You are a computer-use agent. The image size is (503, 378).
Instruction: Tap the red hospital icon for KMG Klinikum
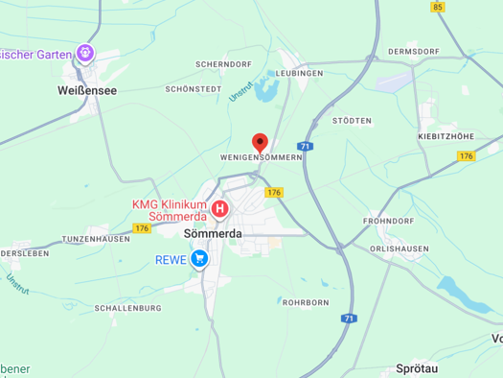pos(220,207)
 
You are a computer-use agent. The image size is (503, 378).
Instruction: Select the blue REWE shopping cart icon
pos(199,258)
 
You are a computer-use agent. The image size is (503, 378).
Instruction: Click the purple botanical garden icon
pos(86,53)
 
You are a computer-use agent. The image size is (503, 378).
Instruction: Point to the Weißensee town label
pos(87,89)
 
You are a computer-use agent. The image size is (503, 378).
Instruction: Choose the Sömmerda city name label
pos(212,233)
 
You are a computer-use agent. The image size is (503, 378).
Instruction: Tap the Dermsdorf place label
pos(413,51)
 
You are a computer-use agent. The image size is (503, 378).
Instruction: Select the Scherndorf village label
pos(223,63)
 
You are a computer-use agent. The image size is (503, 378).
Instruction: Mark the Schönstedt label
pos(193,88)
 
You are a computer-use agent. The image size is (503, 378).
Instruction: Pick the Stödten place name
pos(352,121)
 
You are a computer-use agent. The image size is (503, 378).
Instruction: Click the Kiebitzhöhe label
pos(446,137)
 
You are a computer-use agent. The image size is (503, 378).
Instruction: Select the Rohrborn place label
pos(306,302)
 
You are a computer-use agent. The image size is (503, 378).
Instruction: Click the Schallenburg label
pos(128,308)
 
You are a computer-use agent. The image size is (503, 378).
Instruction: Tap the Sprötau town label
pos(418,367)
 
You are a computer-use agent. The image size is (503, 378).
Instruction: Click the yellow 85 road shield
pos(438,7)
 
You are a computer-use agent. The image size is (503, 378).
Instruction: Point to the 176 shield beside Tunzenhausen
pos(142,228)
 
